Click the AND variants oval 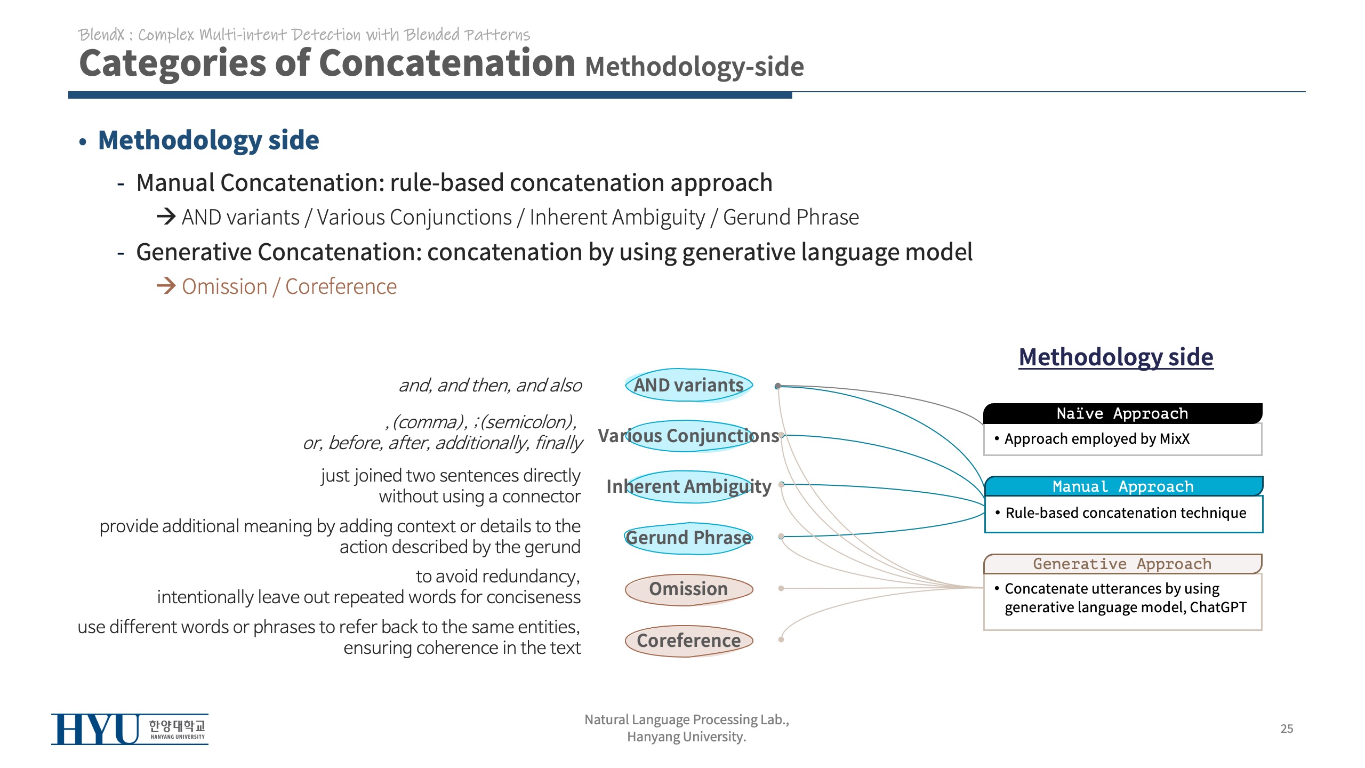tap(688, 385)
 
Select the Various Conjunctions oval tap(688, 436)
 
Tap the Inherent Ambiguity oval tap(688, 486)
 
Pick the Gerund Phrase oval tap(688, 538)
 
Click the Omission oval tap(688, 589)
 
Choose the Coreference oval tap(688, 640)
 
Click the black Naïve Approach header tap(1122, 413)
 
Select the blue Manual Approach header tap(1123, 486)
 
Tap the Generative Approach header tap(1122, 564)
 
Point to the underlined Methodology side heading tap(1116, 357)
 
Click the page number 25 tap(1287, 729)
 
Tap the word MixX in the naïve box tap(1174, 439)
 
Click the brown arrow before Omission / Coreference tap(166, 286)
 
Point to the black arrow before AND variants tap(166, 217)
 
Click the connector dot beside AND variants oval tap(778, 386)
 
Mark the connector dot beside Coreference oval tap(781, 639)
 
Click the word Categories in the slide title tap(172, 64)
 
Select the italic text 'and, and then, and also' tap(490, 385)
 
